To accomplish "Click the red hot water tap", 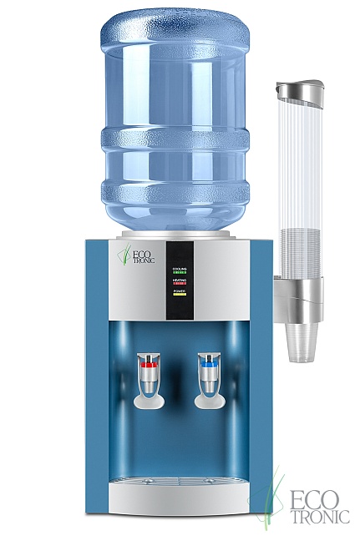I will [148, 365].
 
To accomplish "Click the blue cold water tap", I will [207, 364].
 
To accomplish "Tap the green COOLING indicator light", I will [179, 272].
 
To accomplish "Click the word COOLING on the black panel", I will [179, 267].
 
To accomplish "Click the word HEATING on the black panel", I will [179, 281].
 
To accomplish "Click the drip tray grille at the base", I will [179, 482].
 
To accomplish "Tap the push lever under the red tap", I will [149, 399].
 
